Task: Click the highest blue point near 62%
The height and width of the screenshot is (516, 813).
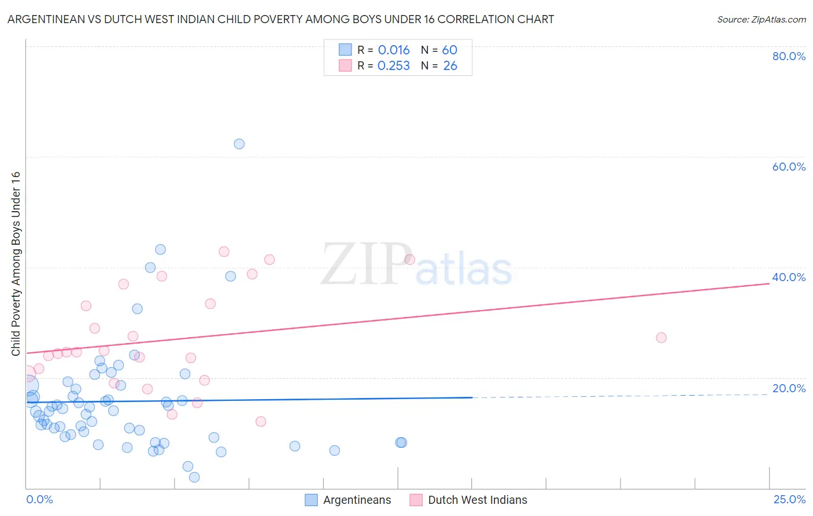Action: tap(239, 143)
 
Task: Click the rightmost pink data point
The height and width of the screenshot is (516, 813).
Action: tap(661, 337)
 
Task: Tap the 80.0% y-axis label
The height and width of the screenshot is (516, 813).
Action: tap(789, 56)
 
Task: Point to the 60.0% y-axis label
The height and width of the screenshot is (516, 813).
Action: tap(789, 167)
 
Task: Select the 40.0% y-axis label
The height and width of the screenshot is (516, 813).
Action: tap(789, 277)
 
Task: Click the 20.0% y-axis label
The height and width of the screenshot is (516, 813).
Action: tap(789, 388)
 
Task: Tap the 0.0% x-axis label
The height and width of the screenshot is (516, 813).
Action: tap(39, 500)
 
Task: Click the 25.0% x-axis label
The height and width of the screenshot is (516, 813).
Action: tap(789, 500)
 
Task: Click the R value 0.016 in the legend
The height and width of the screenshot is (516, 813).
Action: tap(394, 50)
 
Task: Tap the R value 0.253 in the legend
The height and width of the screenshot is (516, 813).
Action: tap(394, 66)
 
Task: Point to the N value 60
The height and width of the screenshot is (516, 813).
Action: tap(449, 50)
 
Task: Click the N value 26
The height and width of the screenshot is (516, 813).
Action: tap(450, 66)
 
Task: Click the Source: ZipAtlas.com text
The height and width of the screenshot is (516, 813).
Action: tap(761, 20)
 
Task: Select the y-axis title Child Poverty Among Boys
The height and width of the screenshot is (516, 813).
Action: tap(16, 263)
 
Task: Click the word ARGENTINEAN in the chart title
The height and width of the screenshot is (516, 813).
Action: tap(46, 20)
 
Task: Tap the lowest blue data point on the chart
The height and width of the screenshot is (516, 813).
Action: tap(194, 477)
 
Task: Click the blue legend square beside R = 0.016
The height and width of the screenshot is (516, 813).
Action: tap(345, 50)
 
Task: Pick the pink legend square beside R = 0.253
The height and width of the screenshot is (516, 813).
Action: tap(345, 65)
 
